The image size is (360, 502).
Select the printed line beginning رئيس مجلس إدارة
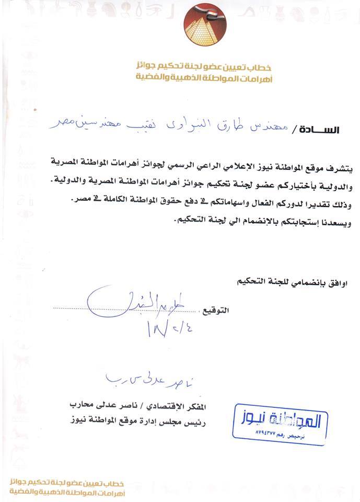tap(138, 418)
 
